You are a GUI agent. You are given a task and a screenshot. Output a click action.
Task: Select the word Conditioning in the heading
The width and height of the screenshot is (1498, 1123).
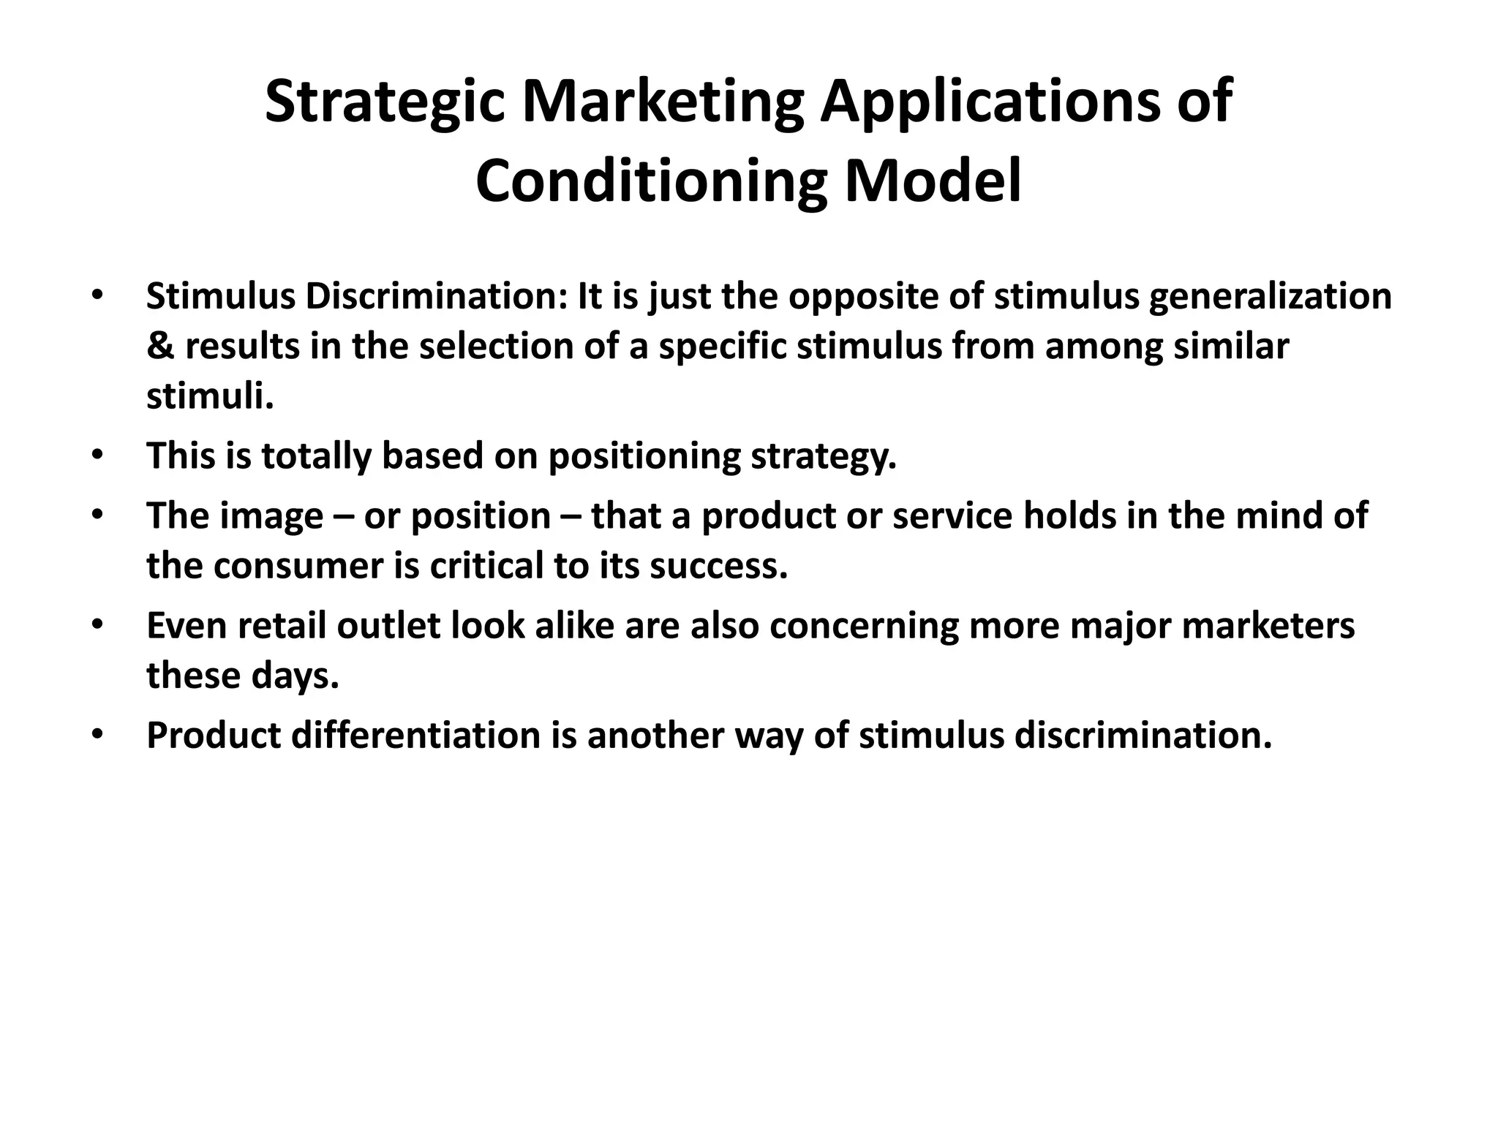click(x=651, y=182)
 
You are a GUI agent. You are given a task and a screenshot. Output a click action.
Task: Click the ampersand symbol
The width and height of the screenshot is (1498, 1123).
click(x=159, y=347)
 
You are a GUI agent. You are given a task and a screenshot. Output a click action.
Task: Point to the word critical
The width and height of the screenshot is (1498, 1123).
click(x=486, y=566)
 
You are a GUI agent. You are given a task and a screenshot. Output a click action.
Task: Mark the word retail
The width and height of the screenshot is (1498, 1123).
click(x=282, y=627)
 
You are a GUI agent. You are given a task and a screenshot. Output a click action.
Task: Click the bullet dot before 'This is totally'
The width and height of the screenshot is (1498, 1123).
click(x=97, y=455)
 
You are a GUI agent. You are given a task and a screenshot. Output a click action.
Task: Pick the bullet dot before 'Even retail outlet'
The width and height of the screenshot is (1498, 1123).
click(x=97, y=625)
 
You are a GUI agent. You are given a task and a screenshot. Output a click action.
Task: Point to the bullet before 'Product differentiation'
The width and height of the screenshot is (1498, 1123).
click(x=97, y=734)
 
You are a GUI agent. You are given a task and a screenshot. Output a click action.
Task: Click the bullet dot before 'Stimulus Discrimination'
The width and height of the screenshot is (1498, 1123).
click(x=97, y=295)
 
